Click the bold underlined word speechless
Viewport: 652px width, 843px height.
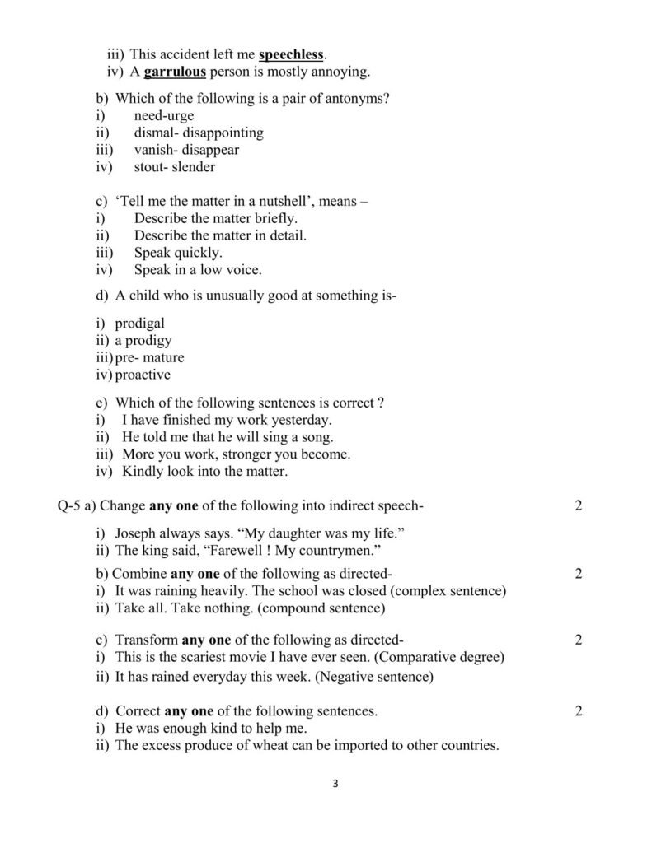(292, 55)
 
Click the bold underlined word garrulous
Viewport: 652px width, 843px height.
(175, 72)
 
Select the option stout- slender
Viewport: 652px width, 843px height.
(174, 167)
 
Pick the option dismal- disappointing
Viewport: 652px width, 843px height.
(199, 133)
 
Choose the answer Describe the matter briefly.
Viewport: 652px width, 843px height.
(216, 218)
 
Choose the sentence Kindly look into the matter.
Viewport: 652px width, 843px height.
(205, 472)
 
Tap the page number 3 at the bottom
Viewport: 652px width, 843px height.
(335, 783)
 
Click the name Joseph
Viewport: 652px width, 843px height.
(137, 533)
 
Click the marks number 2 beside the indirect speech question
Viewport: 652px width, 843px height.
(579, 505)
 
